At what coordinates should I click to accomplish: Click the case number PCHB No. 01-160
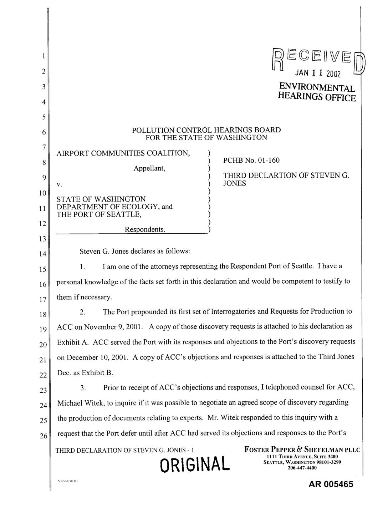(251, 160)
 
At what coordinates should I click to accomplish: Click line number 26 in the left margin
(42, 436)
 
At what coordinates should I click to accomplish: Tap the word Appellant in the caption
(149, 168)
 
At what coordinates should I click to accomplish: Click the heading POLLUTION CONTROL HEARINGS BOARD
(206, 130)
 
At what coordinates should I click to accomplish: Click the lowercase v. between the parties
(60, 184)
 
